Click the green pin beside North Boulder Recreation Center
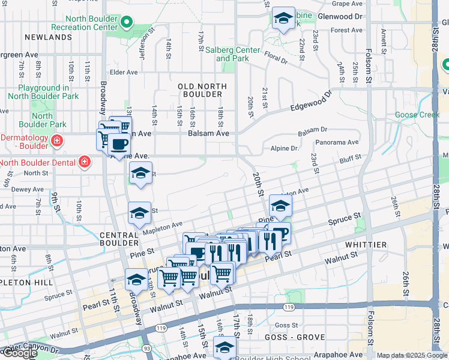point(126,23)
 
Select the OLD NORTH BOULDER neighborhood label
point(203,90)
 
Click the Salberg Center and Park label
point(238,54)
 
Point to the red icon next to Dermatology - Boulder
point(56,142)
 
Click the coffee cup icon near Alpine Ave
point(119,144)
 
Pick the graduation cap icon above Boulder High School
point(224,347)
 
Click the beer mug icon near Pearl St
point(280,232)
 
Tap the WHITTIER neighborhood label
point(366,245)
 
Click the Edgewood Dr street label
point(310,101)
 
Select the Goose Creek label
point(417,115)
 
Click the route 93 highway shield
point(147,347)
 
